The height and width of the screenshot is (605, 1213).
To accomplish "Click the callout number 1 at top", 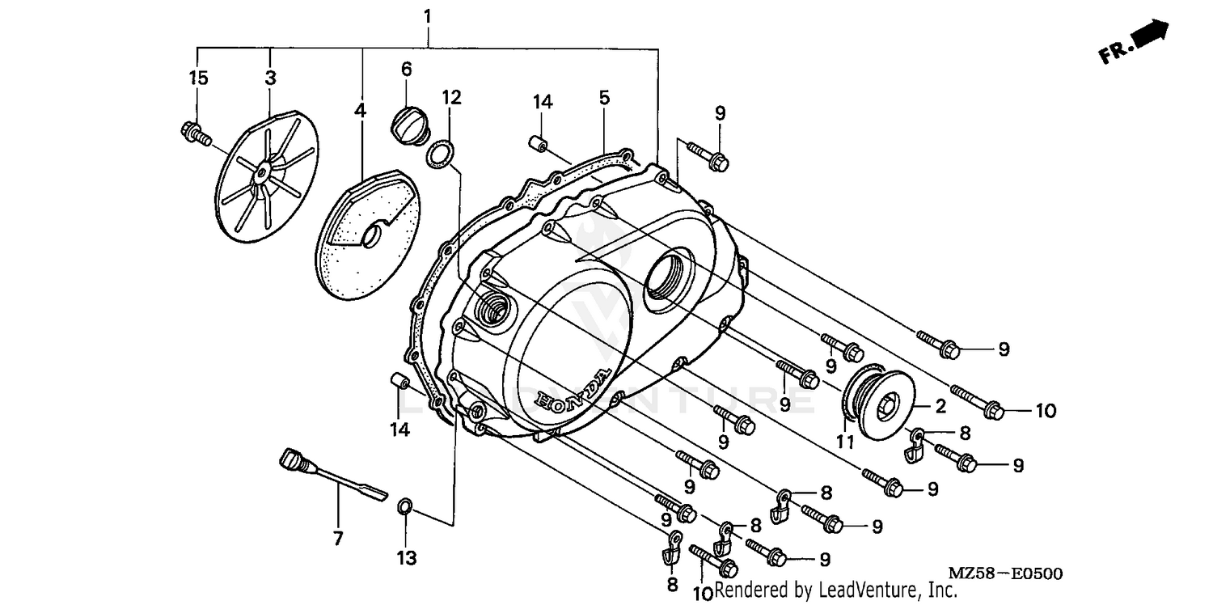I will [427, 15].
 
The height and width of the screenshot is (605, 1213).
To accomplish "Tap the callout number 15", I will [198, 78].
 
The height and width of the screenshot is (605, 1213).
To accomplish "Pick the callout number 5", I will [604, 98].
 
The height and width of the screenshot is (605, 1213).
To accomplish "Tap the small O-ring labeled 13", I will [405, 508].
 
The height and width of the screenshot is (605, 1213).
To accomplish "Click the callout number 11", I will [845, 442].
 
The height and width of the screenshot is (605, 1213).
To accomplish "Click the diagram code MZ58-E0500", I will [1005, 573].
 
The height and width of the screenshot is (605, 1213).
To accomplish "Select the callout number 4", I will [360, 110].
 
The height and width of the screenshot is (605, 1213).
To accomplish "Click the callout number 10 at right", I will [1045, 411].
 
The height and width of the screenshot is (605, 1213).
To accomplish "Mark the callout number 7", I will [338, 538].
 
